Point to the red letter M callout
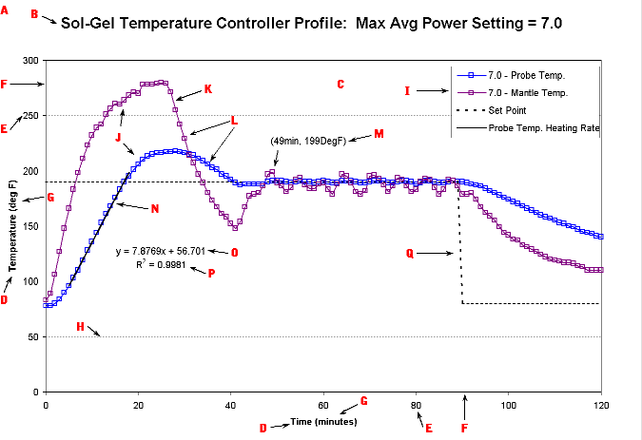pos(379,134)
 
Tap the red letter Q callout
pos(410,253)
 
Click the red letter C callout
pos(340,85)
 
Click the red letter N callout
pos(155,208)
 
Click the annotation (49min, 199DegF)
pos(304,141)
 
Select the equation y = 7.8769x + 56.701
pos(163,252)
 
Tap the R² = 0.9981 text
pos(164,266)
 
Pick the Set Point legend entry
pos(510,109)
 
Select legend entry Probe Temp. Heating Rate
pos(543,126)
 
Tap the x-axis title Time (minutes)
pos(323,420)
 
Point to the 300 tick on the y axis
pos(30,61)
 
